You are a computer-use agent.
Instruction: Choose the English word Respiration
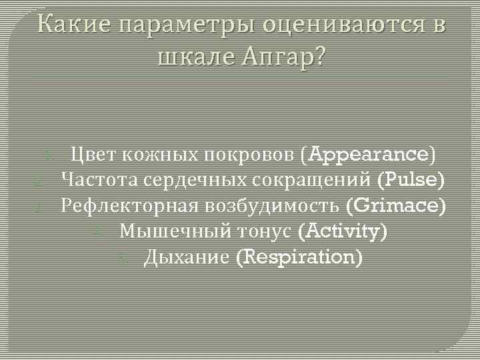300,257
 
